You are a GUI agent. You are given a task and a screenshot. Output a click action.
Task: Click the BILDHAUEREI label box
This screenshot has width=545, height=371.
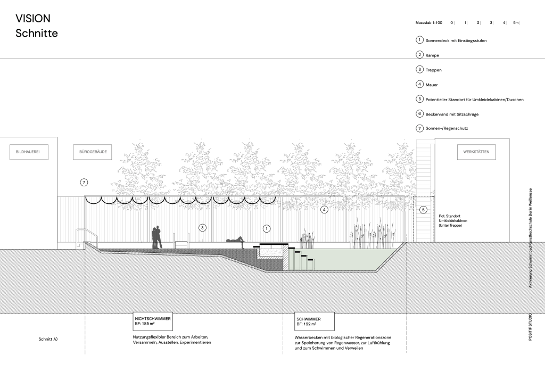pos(29,152)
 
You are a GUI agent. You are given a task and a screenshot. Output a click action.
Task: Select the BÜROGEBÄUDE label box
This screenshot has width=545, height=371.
pos(93,152)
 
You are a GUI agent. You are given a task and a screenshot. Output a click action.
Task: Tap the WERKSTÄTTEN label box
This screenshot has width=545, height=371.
pos(476,152)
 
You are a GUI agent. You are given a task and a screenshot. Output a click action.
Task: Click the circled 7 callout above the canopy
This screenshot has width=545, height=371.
pos(84,182)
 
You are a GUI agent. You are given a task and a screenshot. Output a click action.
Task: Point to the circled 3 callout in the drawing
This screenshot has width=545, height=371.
pos(202,228)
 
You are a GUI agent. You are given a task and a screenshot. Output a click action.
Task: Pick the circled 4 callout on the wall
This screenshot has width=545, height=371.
pos(324,210)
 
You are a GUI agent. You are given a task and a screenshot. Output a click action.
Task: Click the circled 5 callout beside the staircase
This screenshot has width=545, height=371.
pos(423,210)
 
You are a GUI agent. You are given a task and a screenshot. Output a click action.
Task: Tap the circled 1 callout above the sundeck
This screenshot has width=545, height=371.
pos(267,228)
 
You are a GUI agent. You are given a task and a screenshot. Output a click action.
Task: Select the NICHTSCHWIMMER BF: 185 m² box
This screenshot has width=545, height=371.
pos(153,321)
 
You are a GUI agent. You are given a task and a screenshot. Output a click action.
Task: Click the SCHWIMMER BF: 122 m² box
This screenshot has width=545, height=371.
pos(315,321)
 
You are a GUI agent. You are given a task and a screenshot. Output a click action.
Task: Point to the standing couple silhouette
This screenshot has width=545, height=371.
pos(157,237)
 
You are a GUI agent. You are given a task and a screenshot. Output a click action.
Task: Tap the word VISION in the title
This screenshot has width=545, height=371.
pos(33,19)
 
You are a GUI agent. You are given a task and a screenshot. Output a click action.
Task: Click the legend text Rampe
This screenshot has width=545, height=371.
pos(432,55)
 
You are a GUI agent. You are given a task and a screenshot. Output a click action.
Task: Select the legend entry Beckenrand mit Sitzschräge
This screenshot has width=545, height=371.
pos(452,114)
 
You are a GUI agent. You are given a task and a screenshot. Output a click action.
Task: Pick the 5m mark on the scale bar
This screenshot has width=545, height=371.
pos(516,23)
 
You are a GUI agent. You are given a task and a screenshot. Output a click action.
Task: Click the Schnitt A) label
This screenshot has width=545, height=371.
pos(48,339)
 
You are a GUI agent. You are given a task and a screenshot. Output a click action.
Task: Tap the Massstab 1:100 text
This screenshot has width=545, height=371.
pos(429,23)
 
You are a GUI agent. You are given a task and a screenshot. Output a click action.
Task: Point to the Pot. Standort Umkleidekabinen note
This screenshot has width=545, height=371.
pos(453,221)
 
